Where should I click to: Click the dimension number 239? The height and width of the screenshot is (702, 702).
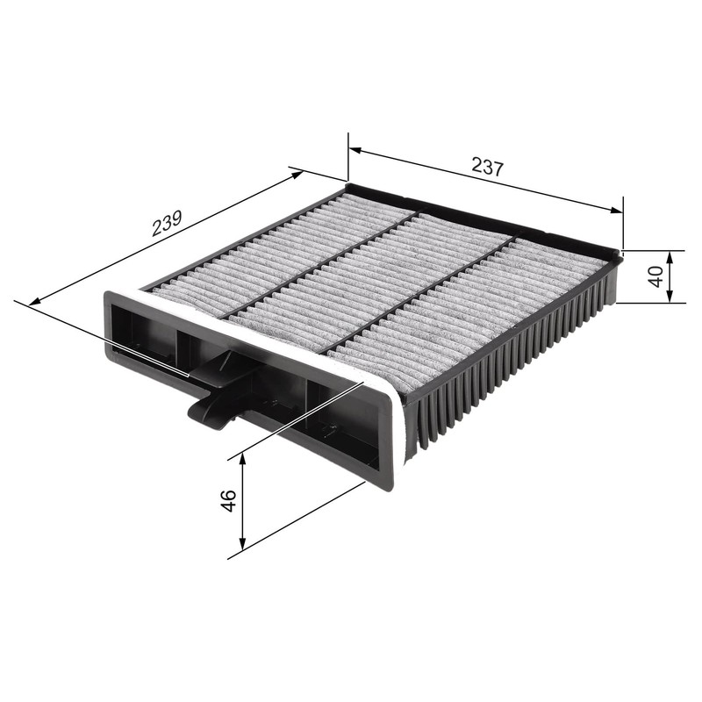point(166,223)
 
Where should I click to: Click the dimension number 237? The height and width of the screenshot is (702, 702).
point(487,166)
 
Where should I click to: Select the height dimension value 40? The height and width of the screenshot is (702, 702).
point(654,276)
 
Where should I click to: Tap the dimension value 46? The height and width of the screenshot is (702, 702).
point(227,502)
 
